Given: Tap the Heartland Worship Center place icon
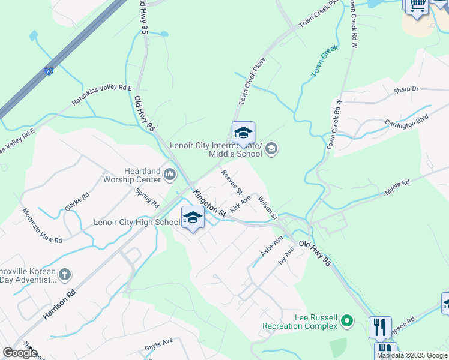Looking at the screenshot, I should [x=170, y=175].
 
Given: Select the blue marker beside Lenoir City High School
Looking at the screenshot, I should [x=193, y=218].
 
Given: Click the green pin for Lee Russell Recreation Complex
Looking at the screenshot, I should [x=346, y=322].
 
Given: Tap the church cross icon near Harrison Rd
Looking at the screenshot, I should [x=65, y=275].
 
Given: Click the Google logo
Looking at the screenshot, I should [x=20, y=353].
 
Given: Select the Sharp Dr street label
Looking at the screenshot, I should [x=405, y=89].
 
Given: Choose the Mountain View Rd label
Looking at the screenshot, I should [x=42, y=225].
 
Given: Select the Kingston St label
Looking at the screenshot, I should [x=209, y=203].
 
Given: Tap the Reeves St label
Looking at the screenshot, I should [x=231, y=182].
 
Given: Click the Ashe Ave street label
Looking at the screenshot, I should [x=271, y=247].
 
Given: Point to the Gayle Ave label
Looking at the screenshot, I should [x=158, y=345].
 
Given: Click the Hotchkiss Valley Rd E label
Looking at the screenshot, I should [x=101, y=95].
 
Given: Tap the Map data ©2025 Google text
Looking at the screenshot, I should [x=412, y=355].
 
